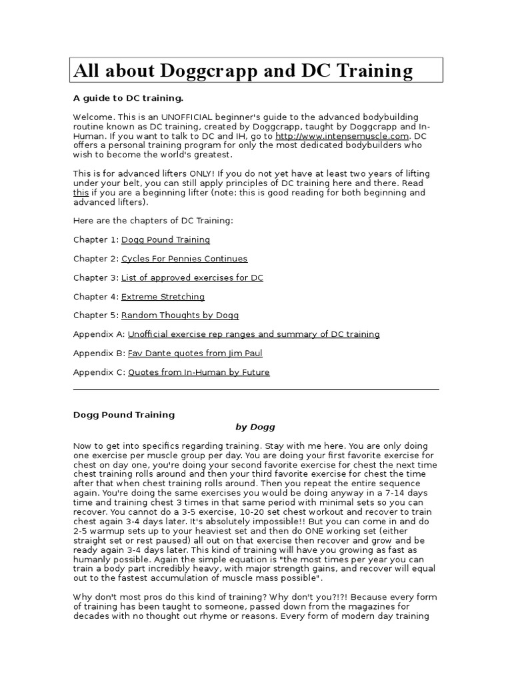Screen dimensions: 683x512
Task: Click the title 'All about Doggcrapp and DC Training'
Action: click(243, 71)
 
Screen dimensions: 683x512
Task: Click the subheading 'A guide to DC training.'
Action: click(128, 98)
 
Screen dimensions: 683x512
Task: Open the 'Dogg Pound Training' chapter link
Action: click(165, 239)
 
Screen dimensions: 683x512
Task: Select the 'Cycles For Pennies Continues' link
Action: click(184, 259)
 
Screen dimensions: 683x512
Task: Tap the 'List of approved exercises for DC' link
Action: click(192, 277)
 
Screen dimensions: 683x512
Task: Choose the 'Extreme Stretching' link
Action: click(163, 297)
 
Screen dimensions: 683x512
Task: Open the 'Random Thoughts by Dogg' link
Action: click(179, 315)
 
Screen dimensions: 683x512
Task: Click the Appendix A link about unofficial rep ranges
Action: click(253, 334)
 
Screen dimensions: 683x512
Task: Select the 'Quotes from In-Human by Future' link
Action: click(199, 372)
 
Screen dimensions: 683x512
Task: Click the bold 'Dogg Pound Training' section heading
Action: click(124, 414)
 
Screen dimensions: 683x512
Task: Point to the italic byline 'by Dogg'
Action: click(255, 427)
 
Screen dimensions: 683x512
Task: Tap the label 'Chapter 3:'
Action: click(95, 277)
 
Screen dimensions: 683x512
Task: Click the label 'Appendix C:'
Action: click(99, 372)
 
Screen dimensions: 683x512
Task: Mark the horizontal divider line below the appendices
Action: click(256, 389)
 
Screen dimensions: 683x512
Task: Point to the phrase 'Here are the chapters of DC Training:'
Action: click(153, 221)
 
